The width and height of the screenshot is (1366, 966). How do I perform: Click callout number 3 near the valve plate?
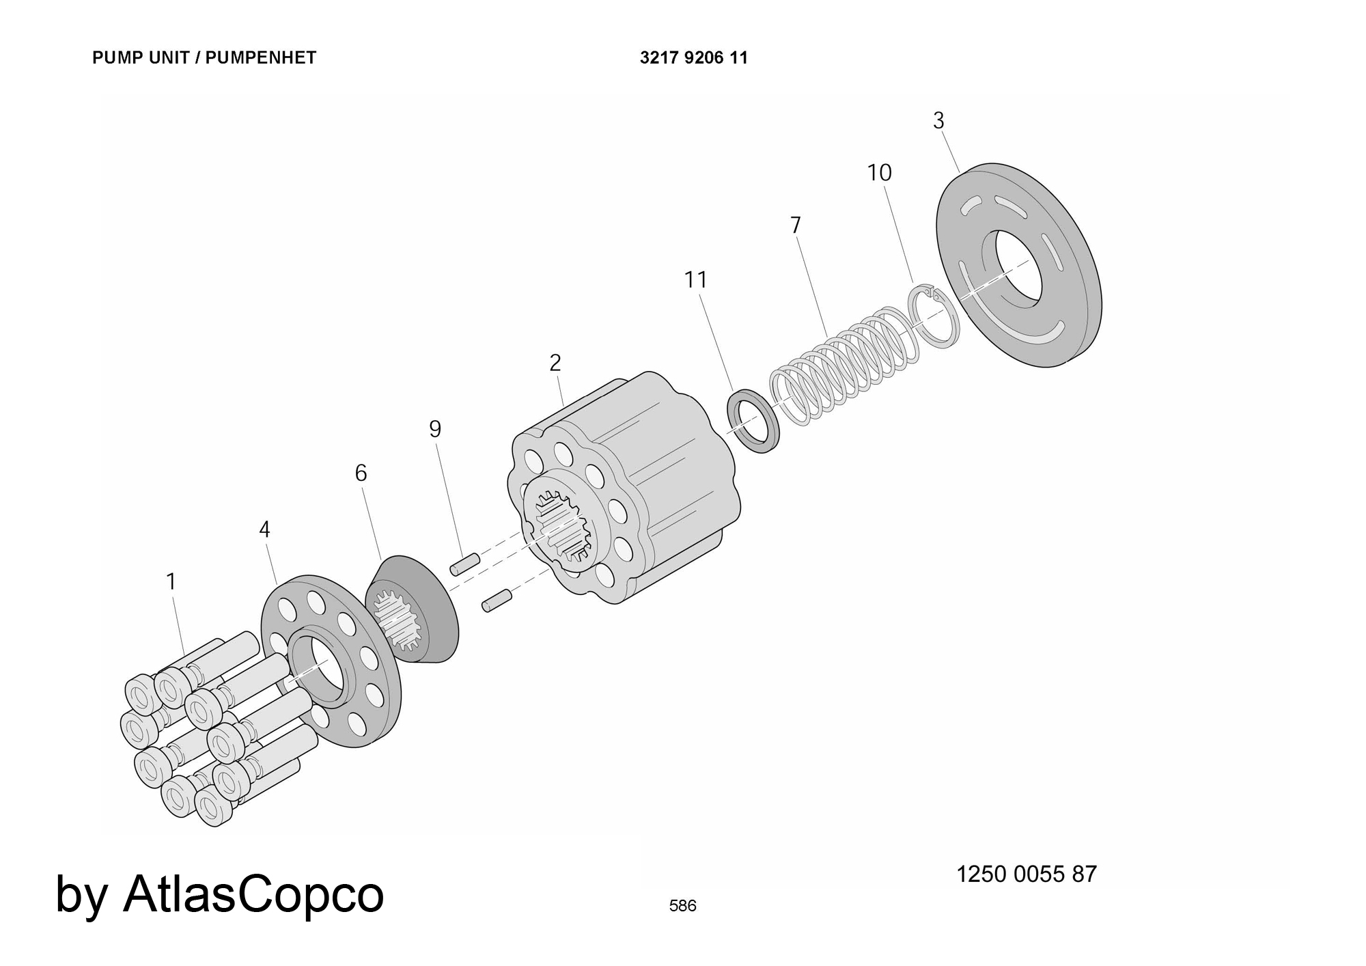point(938,121)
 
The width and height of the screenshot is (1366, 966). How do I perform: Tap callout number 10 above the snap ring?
point(879,173)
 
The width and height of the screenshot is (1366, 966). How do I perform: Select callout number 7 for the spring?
point(795,225)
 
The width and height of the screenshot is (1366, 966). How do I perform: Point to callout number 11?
point(695,279)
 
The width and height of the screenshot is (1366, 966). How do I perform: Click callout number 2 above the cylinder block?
point(555,363)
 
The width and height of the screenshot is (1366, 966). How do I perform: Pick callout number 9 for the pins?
point(435,429)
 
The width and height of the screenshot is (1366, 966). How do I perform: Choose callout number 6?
point(361,473)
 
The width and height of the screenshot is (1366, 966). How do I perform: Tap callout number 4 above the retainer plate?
point(264,529)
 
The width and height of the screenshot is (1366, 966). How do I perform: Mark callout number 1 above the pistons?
point(171,582)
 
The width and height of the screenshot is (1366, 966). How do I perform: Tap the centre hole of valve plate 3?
point(1018,267)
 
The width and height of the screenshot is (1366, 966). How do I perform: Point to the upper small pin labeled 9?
point(464,564)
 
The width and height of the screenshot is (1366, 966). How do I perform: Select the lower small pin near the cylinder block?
point(497,601)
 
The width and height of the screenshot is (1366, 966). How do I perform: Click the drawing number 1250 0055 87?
point(1026,874)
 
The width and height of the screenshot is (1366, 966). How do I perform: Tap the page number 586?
point(682,906)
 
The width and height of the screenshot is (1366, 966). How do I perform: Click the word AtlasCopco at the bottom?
point(253,894)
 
